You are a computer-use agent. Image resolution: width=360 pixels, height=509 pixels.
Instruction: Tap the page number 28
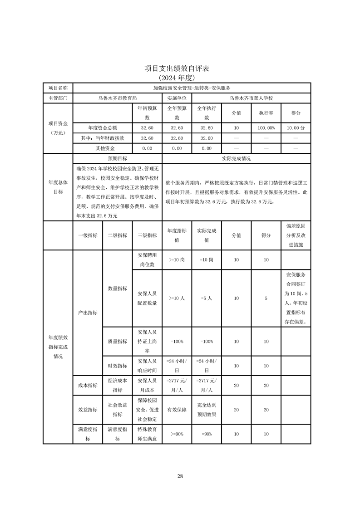(x=180, y=476)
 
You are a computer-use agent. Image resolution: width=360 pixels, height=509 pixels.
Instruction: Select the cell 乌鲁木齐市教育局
(x=117, y=98)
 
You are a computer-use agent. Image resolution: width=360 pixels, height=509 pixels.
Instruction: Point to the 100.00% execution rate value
(x=266, y=128)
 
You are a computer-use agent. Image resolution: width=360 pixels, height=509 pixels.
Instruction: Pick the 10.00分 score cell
(x=296, y=128)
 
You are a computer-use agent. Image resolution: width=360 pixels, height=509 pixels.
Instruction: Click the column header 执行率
(x=266, y=113)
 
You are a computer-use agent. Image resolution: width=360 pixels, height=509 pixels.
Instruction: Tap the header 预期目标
(x=117, y=159)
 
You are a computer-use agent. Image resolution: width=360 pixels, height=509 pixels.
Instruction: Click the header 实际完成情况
(x=236, y=159)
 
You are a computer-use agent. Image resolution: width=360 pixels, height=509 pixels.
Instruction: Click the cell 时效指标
(x=117, y=366)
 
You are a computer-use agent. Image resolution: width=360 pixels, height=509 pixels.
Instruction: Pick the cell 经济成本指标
(x=117, y=385)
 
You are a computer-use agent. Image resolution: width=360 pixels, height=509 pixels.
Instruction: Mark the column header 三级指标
(x=147, y=235)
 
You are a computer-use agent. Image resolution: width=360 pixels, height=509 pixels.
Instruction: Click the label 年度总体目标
(x=58, y=187)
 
